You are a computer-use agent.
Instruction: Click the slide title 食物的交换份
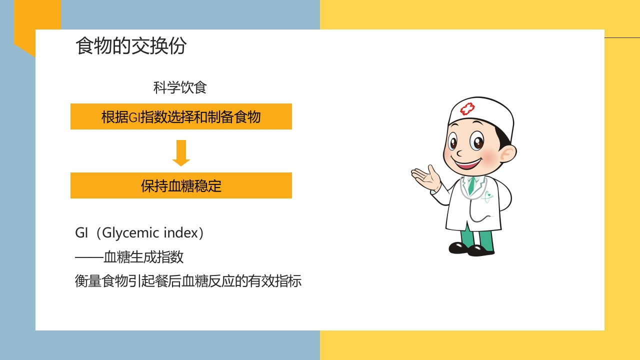(131, 46)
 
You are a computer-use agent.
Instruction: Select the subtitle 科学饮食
(180, 88)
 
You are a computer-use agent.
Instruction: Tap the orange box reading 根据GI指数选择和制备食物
(181, 116)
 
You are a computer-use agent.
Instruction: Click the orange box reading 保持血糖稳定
(181, 185)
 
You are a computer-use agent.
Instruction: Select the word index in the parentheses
(185, 233)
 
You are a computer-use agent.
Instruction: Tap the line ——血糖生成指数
(129, 257)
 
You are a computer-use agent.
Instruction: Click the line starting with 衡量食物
(188, 281)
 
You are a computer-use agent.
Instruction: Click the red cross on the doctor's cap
(467, 108)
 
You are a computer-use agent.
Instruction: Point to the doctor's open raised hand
(426, 177)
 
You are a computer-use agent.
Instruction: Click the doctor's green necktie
(471, 185)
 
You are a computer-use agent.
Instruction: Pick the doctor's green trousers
(477, 237)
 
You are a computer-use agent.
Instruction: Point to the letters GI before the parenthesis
(81, 233)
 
